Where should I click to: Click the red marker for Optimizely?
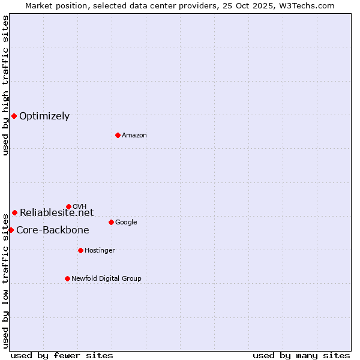[14, 116]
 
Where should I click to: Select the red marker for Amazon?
[118, 135]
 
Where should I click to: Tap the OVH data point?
[68, 206]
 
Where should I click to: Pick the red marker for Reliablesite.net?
[14, 212]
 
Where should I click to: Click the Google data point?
[111, 222]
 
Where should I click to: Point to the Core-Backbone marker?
[11, 230]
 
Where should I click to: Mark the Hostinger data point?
[80, 250]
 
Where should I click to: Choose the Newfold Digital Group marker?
[67, 278]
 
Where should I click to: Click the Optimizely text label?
[44, 116]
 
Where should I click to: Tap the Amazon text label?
[134, 136]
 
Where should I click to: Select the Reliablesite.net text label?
[57, 212]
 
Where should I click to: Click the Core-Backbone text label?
[53, 230]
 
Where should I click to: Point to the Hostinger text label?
[100, 251]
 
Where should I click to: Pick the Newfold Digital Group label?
[107, 279]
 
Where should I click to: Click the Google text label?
[126, 223]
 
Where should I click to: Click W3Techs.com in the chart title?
[310, 6]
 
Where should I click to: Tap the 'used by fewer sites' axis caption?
[62, 355]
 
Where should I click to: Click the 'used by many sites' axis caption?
[301, 355]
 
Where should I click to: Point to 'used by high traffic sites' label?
[6, 85]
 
